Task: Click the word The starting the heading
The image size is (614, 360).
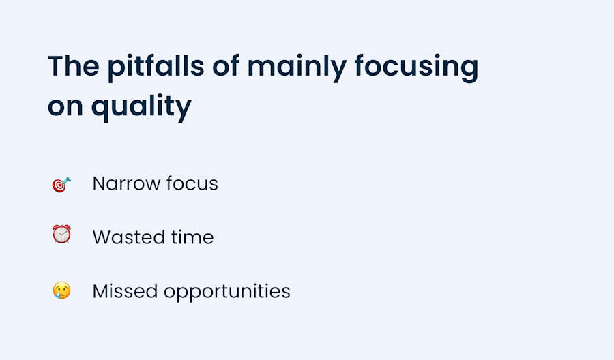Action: pos(72,67)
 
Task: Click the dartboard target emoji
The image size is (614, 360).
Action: pos(61,184)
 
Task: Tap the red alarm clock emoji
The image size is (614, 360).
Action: pos(61,235)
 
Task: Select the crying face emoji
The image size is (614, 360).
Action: pos(61,291)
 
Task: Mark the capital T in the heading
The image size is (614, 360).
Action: pos(55,67)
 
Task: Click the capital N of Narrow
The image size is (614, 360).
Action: pos(98,183)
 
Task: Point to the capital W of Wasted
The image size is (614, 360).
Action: pos(101,237)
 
